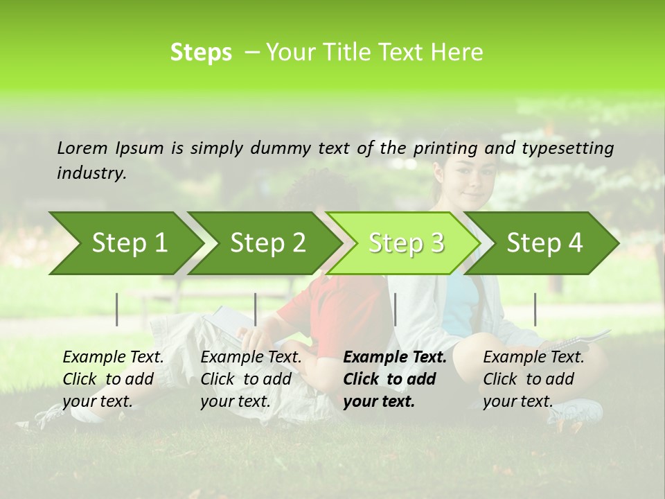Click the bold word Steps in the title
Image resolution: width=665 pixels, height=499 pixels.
(201, 53)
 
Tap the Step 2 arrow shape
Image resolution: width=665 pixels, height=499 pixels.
(267, 243)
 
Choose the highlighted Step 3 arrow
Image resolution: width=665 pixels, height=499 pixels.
(406, 243)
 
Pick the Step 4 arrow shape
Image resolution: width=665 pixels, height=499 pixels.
(544, 243)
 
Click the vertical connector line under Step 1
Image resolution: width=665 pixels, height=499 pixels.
(117, 309)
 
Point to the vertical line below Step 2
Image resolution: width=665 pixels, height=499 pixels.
(256, 309)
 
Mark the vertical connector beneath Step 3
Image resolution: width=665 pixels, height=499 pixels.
(395, 309)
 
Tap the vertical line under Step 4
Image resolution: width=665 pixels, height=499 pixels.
(535, 309)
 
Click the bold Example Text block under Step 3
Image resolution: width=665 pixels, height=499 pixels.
(393, 379)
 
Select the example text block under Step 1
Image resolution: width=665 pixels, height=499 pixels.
(113, 379)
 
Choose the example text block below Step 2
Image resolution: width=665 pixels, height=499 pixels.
(251, 379)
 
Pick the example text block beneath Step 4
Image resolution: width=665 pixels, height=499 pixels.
(533, 379)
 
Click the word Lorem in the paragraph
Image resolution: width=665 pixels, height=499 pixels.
(82, 148)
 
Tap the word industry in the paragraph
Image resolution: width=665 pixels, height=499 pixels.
(91, 173)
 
